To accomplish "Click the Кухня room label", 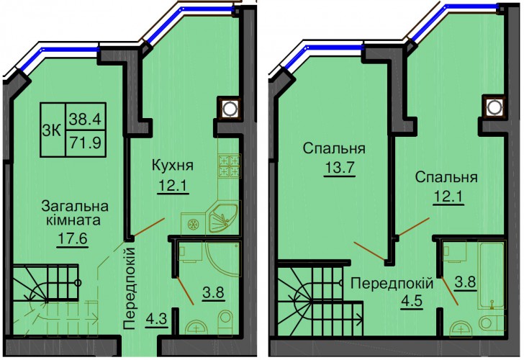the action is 173,166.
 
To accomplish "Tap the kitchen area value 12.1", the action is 173,186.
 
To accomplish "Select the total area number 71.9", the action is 86,143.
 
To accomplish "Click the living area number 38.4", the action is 86,119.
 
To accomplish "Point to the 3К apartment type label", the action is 52,131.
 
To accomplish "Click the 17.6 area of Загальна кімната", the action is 73,239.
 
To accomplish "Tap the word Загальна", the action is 75,206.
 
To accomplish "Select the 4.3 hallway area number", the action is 157,320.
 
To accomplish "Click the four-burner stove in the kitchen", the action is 230,166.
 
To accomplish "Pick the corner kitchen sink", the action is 223,218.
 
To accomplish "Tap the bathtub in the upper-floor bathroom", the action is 491,275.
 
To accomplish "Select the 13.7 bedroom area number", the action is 339,166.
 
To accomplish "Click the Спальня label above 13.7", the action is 334,148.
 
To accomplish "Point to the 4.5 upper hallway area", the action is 412,300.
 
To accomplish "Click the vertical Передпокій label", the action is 130,289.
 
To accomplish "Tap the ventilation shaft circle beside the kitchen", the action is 229,108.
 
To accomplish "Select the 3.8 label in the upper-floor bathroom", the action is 465,282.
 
